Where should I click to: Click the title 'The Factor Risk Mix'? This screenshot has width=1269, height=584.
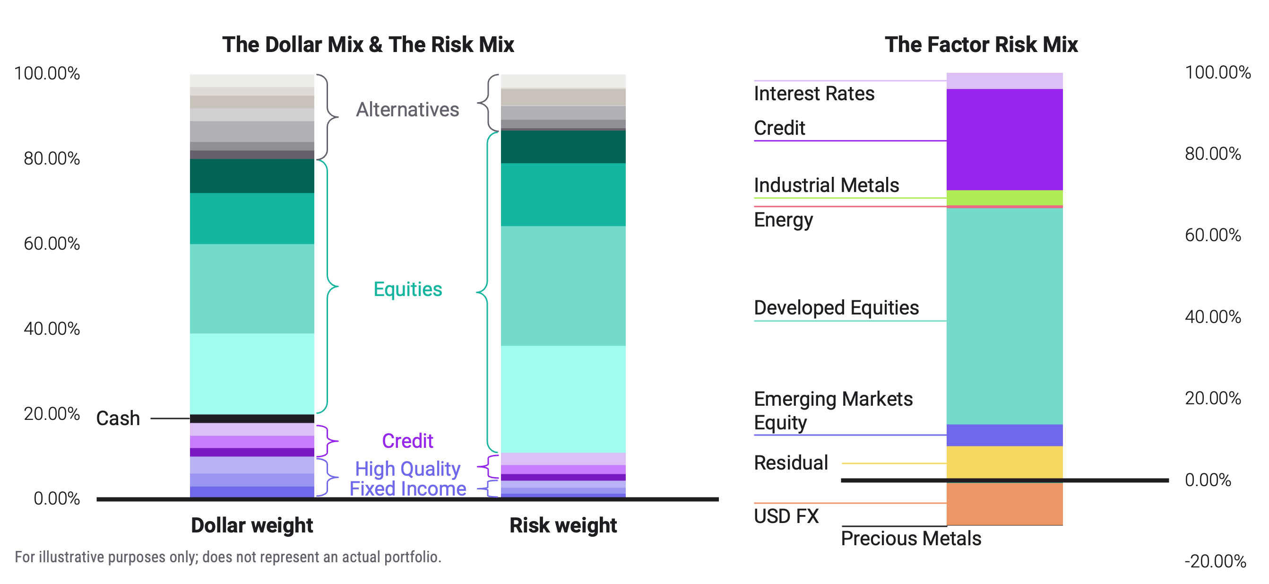[x=981, y=45]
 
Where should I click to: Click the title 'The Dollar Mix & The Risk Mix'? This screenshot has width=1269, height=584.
[x=368, y=45]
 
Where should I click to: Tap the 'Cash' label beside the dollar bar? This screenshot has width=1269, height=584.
[x=118, y=418]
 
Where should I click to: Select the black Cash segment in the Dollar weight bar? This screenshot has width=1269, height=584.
[x=252, y=418]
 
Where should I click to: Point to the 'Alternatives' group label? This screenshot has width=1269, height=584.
[x=407, y=109]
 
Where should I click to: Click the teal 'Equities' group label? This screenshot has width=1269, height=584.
[x=407, y=289]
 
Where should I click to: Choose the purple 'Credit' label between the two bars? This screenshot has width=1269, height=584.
[x=407, y=441]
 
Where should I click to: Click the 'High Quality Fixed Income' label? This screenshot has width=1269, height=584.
[x=407, y=479]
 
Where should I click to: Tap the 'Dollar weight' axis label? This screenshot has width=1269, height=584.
[x=252, y=525]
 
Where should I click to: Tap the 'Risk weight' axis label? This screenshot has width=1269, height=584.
[x=562, y=525]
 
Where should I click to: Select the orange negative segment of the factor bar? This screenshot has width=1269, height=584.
[x=1004, y=504]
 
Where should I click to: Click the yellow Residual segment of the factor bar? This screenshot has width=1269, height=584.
[x=1004, y=462]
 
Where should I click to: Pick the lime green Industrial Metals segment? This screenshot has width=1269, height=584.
[x=1004, y=198]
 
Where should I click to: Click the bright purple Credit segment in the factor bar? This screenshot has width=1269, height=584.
[x=1004, y=139]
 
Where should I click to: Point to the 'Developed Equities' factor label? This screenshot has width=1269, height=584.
[x=836, y=308]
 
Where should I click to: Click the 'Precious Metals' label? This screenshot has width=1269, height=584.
[x=910, y=539]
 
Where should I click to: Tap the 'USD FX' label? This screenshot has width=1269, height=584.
[x=786, y=516]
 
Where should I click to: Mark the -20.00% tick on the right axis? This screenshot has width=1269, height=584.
[x=1215, y=561]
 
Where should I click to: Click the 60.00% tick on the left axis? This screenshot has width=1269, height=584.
[x=52, y=244]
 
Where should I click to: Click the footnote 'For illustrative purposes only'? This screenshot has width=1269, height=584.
[x=228, y=557]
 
